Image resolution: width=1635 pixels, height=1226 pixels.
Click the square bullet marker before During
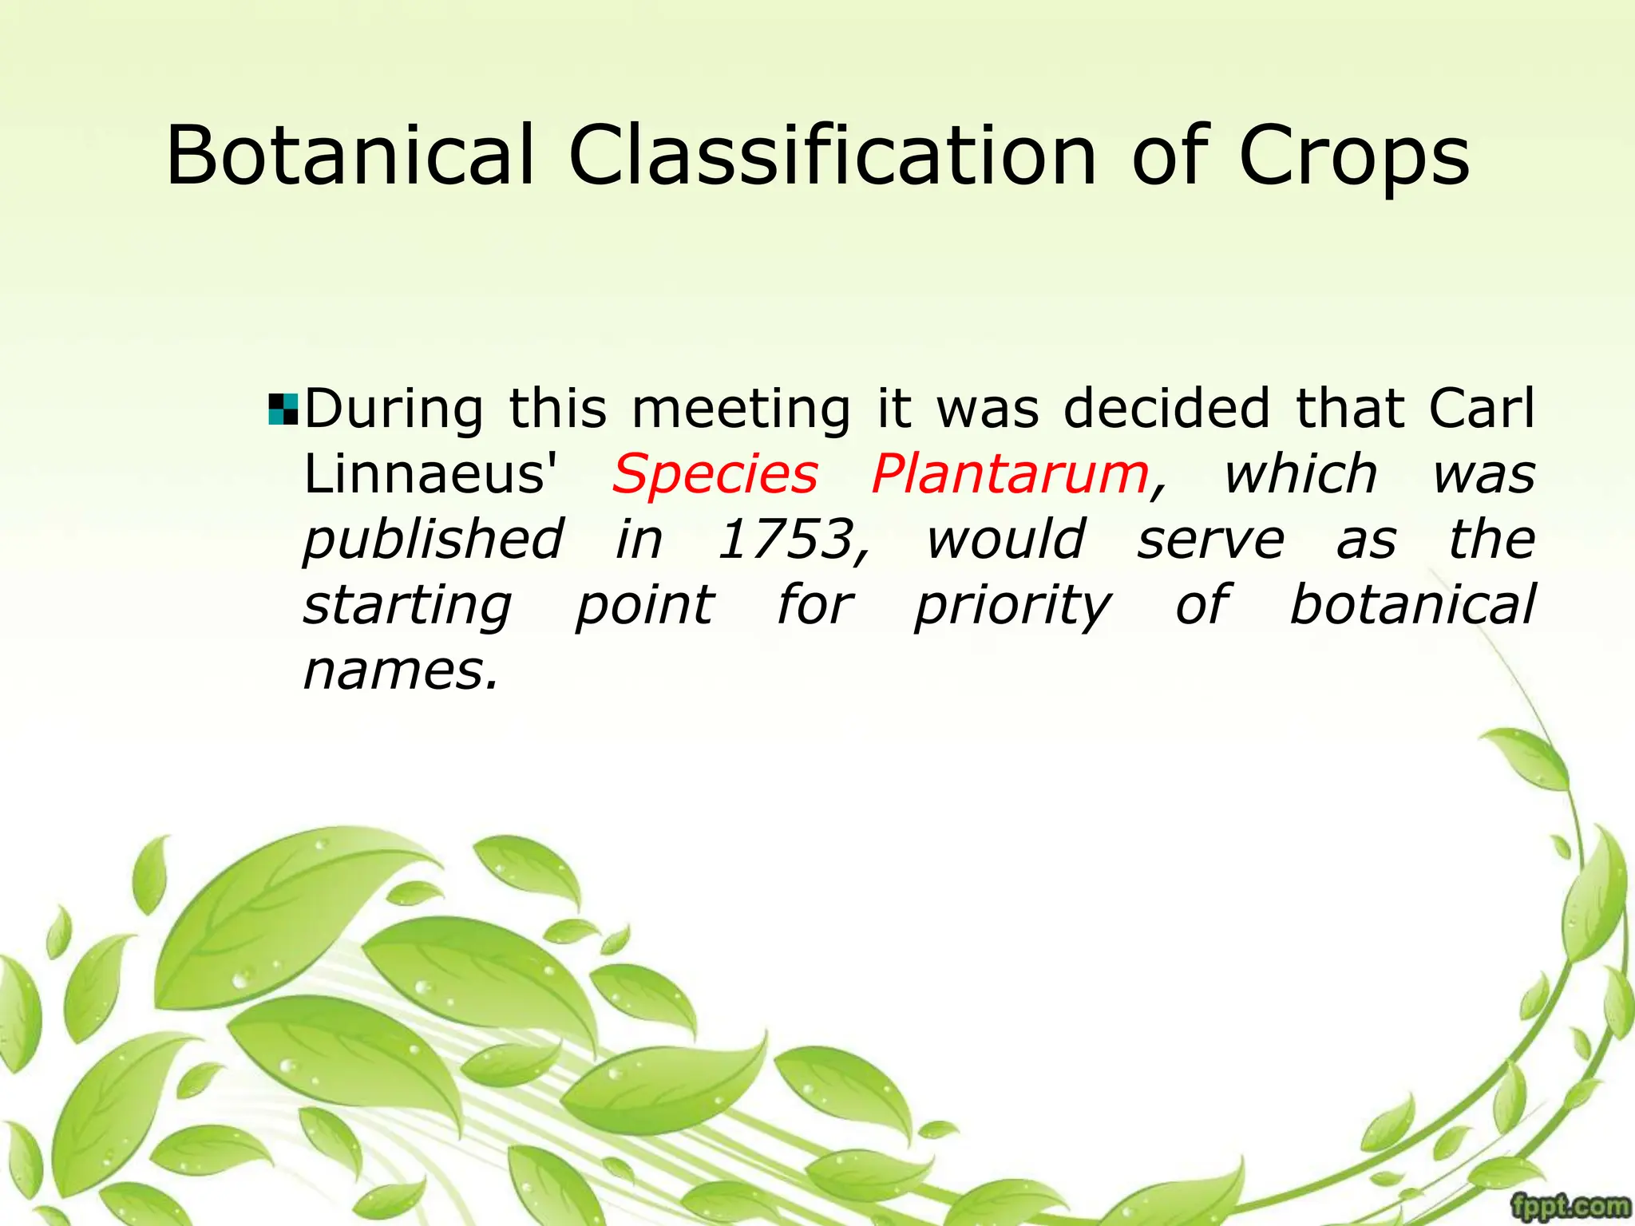283,409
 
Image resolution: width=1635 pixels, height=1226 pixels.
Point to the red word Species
715,474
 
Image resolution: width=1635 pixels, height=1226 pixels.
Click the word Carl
1481,409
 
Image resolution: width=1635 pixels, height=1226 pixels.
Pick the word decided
1166,409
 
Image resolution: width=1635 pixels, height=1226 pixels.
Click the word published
433,541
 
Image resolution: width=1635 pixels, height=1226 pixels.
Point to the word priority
1011,607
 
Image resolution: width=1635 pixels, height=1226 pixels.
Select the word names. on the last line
401,670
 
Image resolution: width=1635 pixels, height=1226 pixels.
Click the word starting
407,607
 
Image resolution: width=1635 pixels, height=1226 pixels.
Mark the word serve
1210,541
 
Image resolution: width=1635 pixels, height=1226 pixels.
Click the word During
394,409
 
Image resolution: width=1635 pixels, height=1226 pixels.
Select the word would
1005,540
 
